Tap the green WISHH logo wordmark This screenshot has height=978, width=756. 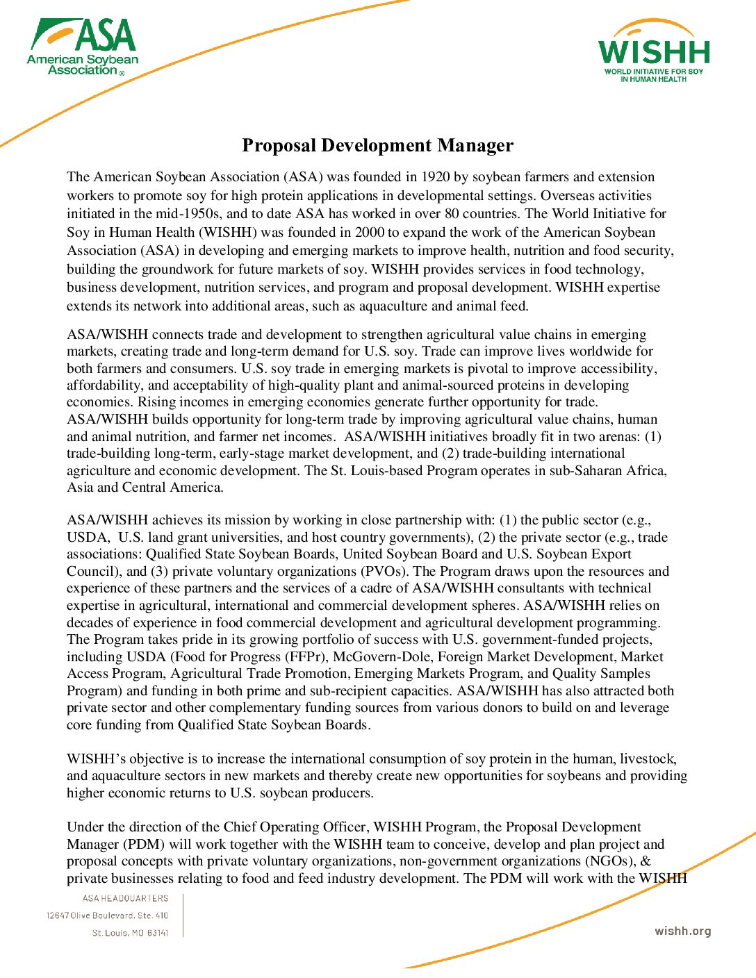654,52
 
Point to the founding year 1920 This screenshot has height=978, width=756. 436,177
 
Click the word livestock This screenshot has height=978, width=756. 648,759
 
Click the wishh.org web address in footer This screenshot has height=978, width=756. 682,931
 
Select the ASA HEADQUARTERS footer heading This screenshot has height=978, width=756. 125,899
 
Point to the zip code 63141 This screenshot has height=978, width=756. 158,933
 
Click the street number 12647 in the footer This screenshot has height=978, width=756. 58,915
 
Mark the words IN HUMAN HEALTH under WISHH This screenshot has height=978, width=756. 653,79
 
